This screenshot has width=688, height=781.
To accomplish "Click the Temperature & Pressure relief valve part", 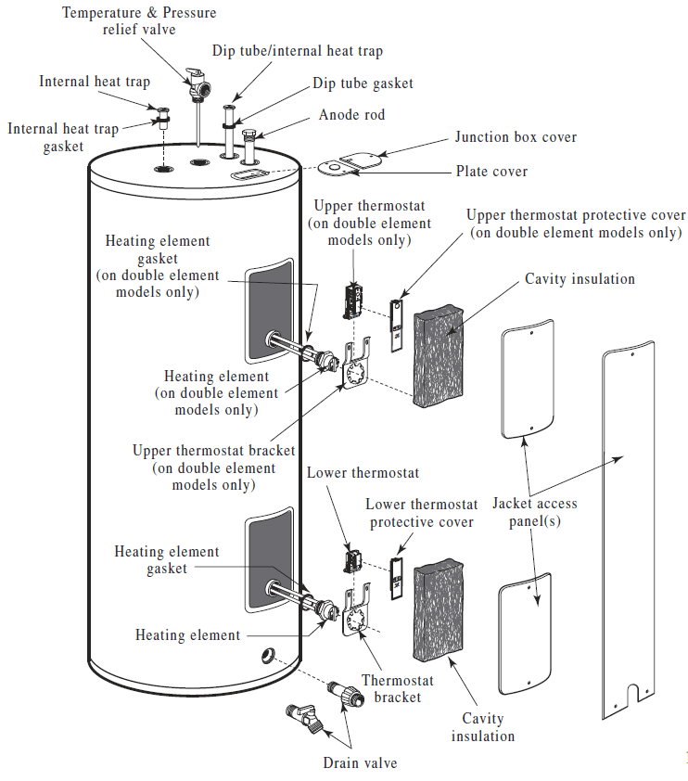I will pyautogui.click(x=198, y=85).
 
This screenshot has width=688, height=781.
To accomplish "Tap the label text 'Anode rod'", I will pyautogui.click(x=351, y=115).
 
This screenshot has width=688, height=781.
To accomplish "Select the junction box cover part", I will pyautogui.click(x=358, y=160).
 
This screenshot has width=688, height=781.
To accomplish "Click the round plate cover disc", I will pyautogui.click(x=331, y=169).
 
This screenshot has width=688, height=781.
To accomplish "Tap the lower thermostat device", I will pyautogui.click(x=352, y=561).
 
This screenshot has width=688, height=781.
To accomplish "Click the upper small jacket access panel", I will pyautogui.click(x=527, y=378).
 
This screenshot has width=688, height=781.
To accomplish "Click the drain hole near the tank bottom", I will pyautogui.click(x=267, y=657).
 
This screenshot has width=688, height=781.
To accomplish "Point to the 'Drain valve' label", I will pyautogui.click(x=360, y=763).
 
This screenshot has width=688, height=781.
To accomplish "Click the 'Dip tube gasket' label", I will pyautogui.click(x=363, y=83).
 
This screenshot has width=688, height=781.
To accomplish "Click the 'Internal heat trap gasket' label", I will pyautogui.click(x=63, y=137).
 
